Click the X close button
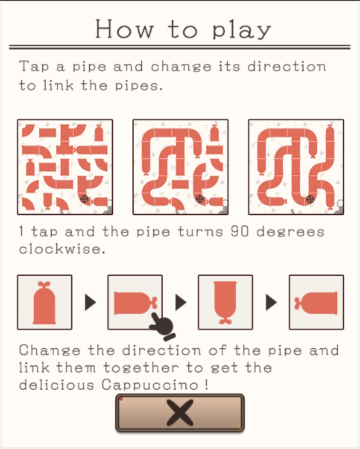point(180,412)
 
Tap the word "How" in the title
point(124,29)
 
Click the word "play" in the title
point(241,30)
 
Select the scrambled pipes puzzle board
point(65,167)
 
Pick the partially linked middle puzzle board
point(181,167)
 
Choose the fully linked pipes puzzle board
point(296,167)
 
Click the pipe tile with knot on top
point(45,302)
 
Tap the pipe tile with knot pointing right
point(135,302)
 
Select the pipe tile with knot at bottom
point(226,302)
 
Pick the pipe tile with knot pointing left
point(317,302)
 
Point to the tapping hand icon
point(162,326)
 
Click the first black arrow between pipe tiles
point(90,302)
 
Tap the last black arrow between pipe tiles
point(272,302)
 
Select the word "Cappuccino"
point(150,385)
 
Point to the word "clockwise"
point(60,248)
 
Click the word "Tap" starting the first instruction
point(34,68)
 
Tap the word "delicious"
point(57,385)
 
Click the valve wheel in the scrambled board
point(84,199)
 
